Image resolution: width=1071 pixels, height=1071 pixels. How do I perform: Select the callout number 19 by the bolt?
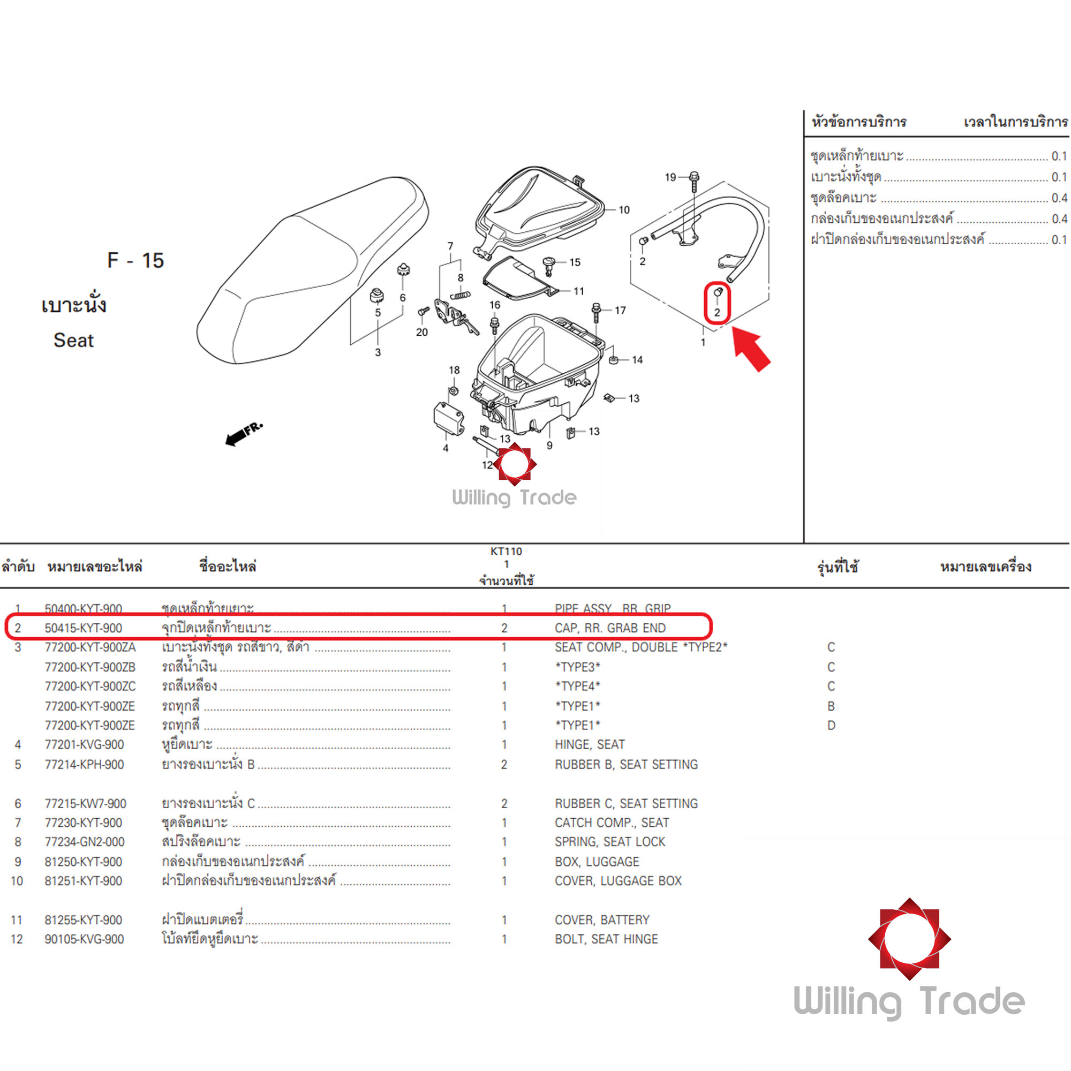coord(670,177)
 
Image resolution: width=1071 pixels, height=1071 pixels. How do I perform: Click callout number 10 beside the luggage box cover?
coord(624,210)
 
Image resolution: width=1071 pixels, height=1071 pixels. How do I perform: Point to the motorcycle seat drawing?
coord(311,271)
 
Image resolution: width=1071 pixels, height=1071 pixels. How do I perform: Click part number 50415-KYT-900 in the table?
coord(83,628)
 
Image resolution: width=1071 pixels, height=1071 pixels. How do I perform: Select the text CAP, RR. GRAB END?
coord(610,628)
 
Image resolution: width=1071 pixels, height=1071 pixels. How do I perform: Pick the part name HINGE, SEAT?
coord(589,744)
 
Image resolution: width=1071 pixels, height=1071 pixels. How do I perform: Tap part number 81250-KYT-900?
coord(83,862)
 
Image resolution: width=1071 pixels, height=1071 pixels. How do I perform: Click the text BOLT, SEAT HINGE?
coord(606,939)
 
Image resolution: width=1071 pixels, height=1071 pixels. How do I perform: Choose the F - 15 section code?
coord(135,261)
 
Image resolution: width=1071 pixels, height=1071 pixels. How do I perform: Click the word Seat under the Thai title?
coord(74,341)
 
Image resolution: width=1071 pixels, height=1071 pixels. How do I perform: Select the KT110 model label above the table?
coord(506,551)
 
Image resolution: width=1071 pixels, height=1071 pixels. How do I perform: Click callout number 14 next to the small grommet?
coord(637,360)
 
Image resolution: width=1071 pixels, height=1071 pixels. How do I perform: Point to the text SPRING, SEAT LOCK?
coord(610,841)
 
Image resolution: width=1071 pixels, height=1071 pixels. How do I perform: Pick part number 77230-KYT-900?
coord(83,823)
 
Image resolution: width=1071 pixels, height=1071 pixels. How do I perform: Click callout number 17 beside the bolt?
coord(620,311)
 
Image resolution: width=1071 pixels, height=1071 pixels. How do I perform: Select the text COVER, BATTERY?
coord(602,919)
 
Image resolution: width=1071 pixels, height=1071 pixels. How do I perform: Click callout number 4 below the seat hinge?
coord(446,448)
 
